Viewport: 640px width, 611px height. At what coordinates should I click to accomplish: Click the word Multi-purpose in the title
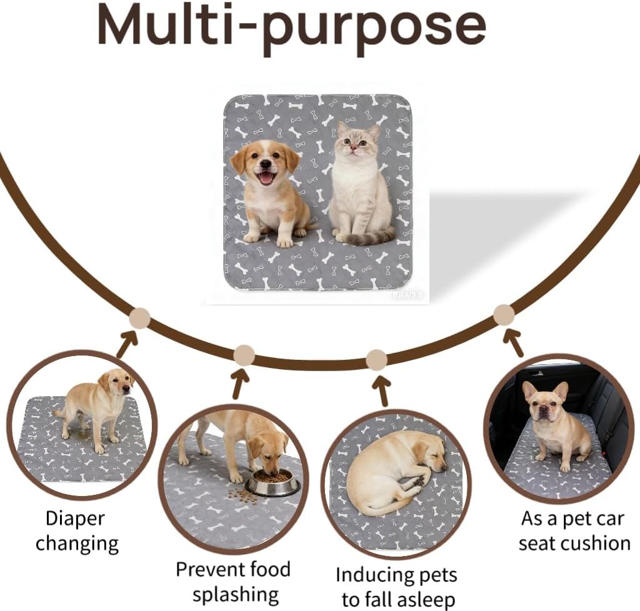[x=291, y=28]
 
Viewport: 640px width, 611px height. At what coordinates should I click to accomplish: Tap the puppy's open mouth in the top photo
[x=266, y=177]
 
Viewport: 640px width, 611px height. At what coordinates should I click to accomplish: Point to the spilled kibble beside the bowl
[x=238, y=495]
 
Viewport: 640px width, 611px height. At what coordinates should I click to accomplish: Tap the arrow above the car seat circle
[x=512, y=342]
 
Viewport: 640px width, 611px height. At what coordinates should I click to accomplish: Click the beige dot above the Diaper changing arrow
[x=139, y=318]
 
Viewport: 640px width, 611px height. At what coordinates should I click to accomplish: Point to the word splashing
[x=236, y=595]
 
